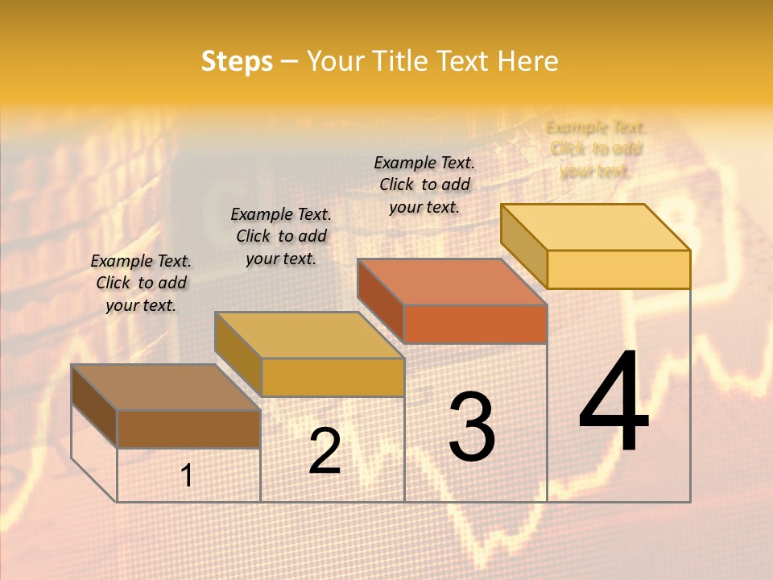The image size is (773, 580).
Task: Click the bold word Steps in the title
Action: point(237,61)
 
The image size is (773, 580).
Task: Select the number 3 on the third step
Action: point(471,426)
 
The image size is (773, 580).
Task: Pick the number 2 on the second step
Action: point(324,451)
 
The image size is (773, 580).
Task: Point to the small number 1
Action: point(187,476)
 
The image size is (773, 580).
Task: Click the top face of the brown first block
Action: point(165,387)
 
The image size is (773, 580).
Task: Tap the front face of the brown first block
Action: point(188,429)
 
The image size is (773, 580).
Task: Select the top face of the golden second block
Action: point(309,335)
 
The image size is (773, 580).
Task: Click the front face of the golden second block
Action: point(333,377)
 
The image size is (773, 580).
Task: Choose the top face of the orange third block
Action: point(452,282)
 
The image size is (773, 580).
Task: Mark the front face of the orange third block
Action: point(475,324)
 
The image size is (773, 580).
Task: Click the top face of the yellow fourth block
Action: point(595,227)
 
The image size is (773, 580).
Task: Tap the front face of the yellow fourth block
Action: point(618,269)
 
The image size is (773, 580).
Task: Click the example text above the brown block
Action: point(141,283)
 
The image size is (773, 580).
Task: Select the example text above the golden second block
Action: point(281,236)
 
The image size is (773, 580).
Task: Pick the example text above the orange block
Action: point(424,184)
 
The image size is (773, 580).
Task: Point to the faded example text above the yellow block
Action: point(596,149)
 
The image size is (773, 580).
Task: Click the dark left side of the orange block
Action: point(380,300)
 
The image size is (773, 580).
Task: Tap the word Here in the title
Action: point(528,61)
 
